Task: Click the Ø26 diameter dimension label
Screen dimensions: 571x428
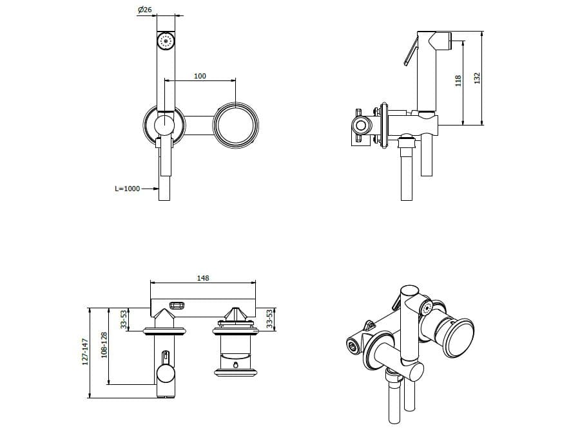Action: (145, 10)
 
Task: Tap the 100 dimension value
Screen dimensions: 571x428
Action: (200, 76)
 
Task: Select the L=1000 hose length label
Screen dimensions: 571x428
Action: (128, 189)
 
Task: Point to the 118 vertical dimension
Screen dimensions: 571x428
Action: (458, 80)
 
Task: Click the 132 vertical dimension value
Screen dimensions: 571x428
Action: (477, 78)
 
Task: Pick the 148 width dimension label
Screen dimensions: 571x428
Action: (203, 278)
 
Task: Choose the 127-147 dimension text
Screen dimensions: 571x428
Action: (85, 351)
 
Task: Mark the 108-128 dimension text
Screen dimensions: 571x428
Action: (104, 345)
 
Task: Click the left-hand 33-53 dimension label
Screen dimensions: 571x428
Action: (124, 319)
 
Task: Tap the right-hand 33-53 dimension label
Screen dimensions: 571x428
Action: (269, 319)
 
